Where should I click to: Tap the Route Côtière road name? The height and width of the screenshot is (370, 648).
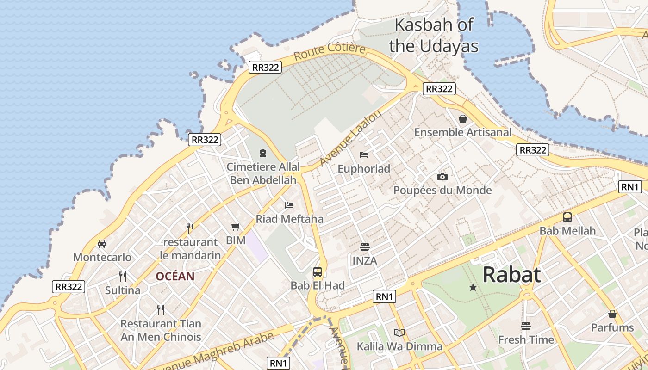click(x=330, y=51)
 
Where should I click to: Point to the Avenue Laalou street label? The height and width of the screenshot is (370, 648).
click(x=351, y=138)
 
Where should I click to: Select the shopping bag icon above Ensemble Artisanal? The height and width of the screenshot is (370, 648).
click(x=463, y=119)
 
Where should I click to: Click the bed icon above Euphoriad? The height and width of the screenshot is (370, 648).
click(x=364, y=155)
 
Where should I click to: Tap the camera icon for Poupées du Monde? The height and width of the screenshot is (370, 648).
click(x=442, y=177)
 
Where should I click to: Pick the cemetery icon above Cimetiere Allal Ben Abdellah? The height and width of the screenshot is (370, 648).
click(x=263, y=153)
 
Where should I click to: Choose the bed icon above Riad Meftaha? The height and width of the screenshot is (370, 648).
click(x=289, y=205)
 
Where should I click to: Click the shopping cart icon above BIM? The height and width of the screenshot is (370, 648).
click(x=236, y=227)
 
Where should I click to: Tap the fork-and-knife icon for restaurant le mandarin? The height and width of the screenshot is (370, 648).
click(x=190, y=228)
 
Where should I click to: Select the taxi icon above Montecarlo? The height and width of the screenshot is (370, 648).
click(x=102, y=243)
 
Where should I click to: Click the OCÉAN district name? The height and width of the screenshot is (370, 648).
click(x=175, y=277)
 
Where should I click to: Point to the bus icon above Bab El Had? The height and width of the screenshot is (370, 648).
click(x=318, y=272)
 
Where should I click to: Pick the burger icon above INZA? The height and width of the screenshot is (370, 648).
click(x=365, y=247)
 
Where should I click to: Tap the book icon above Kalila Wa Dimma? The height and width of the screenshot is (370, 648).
click(x=399, y=333)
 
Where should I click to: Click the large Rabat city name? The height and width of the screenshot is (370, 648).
click(x=511, y=275)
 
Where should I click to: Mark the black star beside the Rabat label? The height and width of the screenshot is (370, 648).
click(x=473, y=287)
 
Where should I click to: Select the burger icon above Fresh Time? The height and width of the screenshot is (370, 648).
click(x=525, y=326)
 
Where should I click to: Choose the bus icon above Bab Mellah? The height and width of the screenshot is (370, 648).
click(x=567, y=217)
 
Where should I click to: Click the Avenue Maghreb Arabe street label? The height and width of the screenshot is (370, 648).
click(x=213, y=351)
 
